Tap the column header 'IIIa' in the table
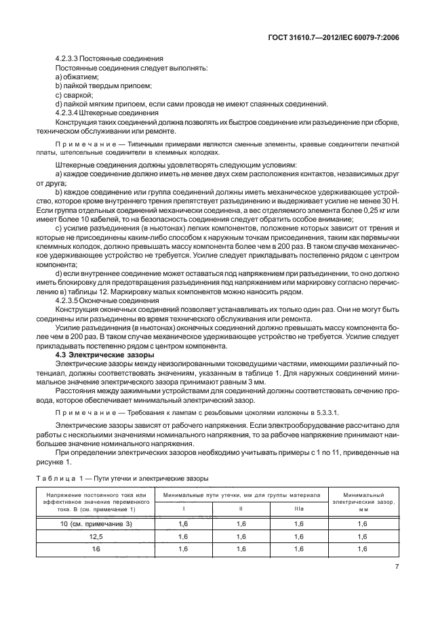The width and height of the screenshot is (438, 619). tap(299, 509)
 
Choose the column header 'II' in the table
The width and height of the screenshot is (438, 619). tap(241, 509)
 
